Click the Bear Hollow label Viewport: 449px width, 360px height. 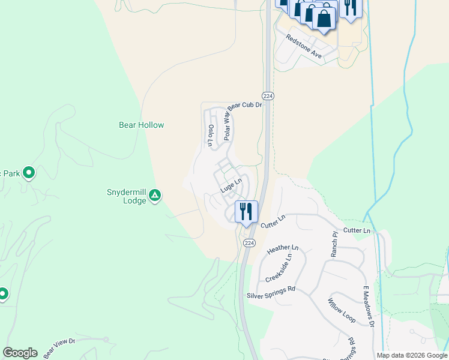click(141, 125)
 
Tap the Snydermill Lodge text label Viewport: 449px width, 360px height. click(126, 197)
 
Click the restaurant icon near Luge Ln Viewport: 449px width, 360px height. click(246, 212)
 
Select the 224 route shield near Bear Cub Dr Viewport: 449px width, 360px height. click(268, 96)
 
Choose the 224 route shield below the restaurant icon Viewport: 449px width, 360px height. click(249, 243)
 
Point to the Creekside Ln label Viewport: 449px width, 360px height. click(279, 268)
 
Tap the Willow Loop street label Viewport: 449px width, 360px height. click(341, 310)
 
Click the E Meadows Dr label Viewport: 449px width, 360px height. click(368, 306)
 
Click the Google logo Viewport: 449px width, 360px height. click(20, 353)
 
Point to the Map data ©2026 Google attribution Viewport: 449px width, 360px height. click(412, 355)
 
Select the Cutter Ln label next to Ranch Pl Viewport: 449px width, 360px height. click(357, 230)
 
